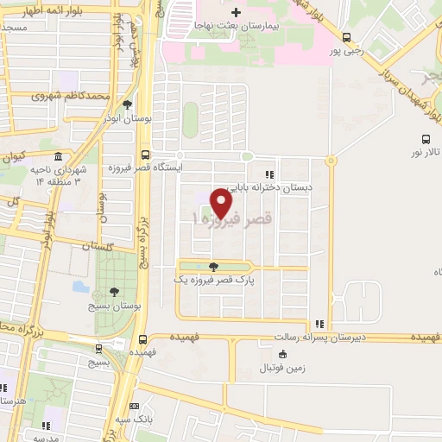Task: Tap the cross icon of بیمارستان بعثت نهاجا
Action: click(x=224, y=11)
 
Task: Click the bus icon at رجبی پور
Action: click(x=346, y=37)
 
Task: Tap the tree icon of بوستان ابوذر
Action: click(x=127, y=104)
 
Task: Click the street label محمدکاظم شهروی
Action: click(x=60, y=95)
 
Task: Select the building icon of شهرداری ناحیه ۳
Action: click(x=58, y=158)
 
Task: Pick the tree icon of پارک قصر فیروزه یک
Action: click(x=213, y=266)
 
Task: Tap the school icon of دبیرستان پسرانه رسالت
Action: click(x=319, y=324)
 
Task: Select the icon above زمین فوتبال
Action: click(x=282, y=354)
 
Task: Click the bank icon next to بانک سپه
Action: click(x=134, y=407)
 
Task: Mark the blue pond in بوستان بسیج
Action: click(x=80, y=286)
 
